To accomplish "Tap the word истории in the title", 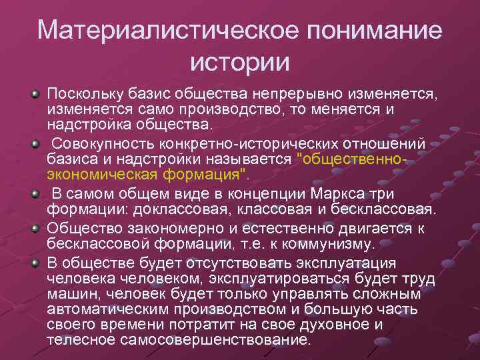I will coord(240,63).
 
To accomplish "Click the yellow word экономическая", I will coord(101,175).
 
